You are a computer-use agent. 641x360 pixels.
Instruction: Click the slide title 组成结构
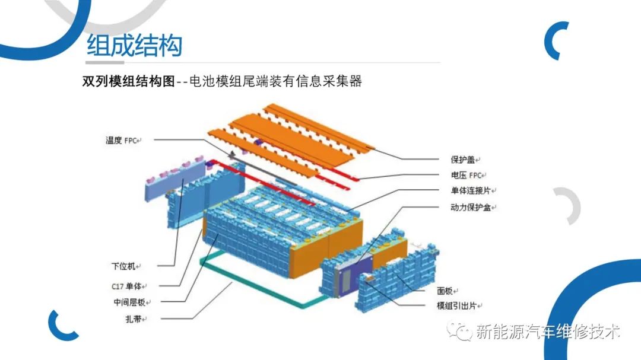[x=134, y=46]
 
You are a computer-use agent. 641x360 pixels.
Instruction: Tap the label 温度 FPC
[x=122, y=140]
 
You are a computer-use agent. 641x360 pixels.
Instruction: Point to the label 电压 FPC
[x=467, y=176]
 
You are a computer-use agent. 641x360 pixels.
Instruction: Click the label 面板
[x=445, y=291]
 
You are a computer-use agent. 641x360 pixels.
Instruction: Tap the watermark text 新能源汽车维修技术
[x=547, y=332]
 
